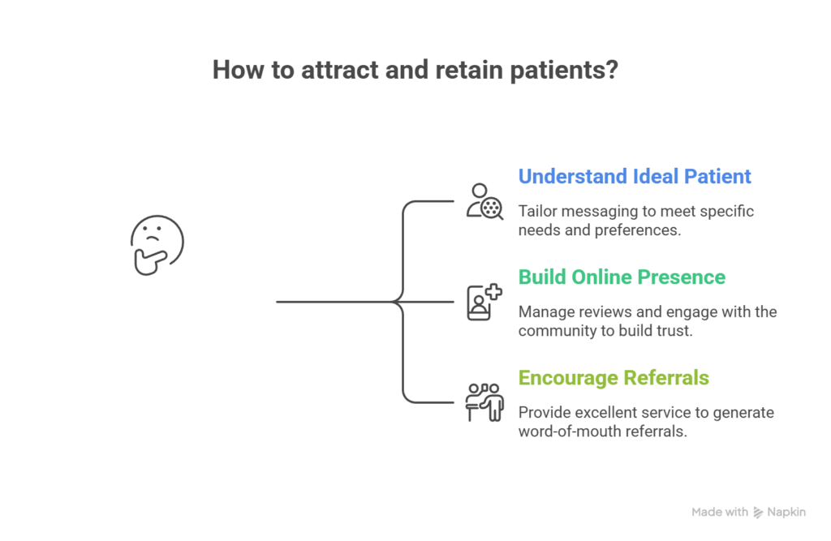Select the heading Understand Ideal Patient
[x=635, y=176]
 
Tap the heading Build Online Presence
[x=622, y=277]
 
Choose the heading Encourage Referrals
[x=614, y=377]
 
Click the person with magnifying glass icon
[x=484, y=201]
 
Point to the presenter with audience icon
[x=484, y=402]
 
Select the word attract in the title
[x=342, y=70]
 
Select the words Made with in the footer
[x=720, y=512]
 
